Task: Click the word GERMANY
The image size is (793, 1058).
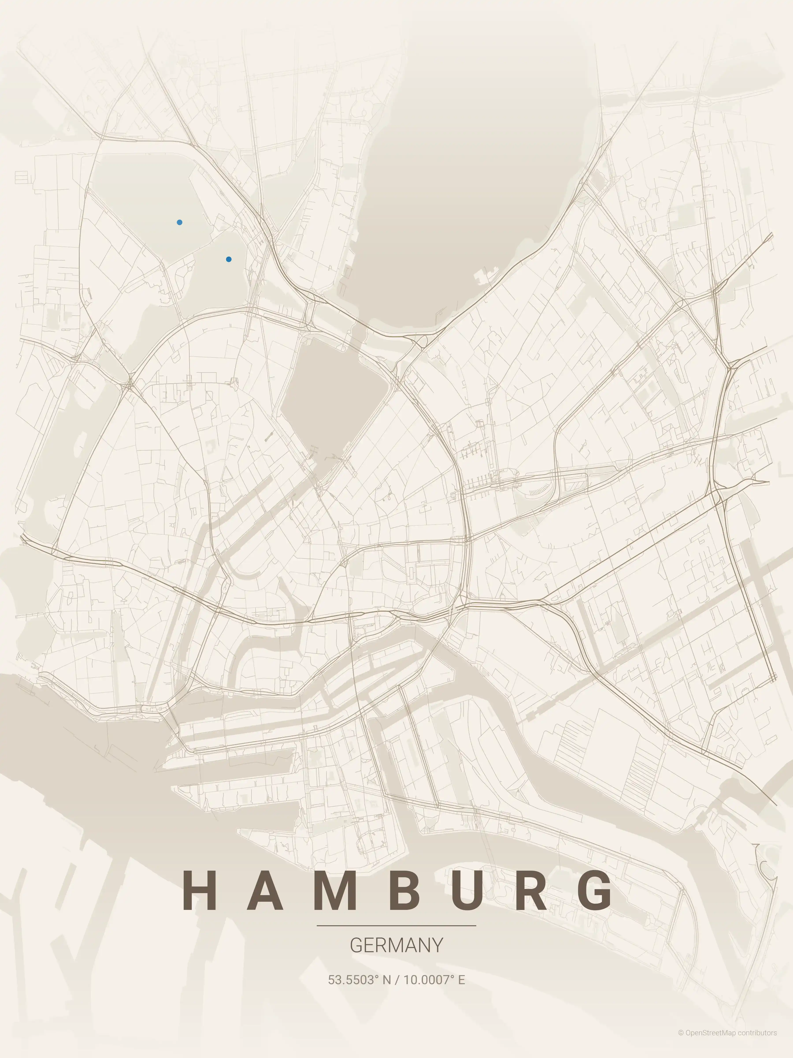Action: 396,945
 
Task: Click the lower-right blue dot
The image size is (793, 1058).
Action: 229,259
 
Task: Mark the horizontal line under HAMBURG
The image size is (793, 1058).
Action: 396,926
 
